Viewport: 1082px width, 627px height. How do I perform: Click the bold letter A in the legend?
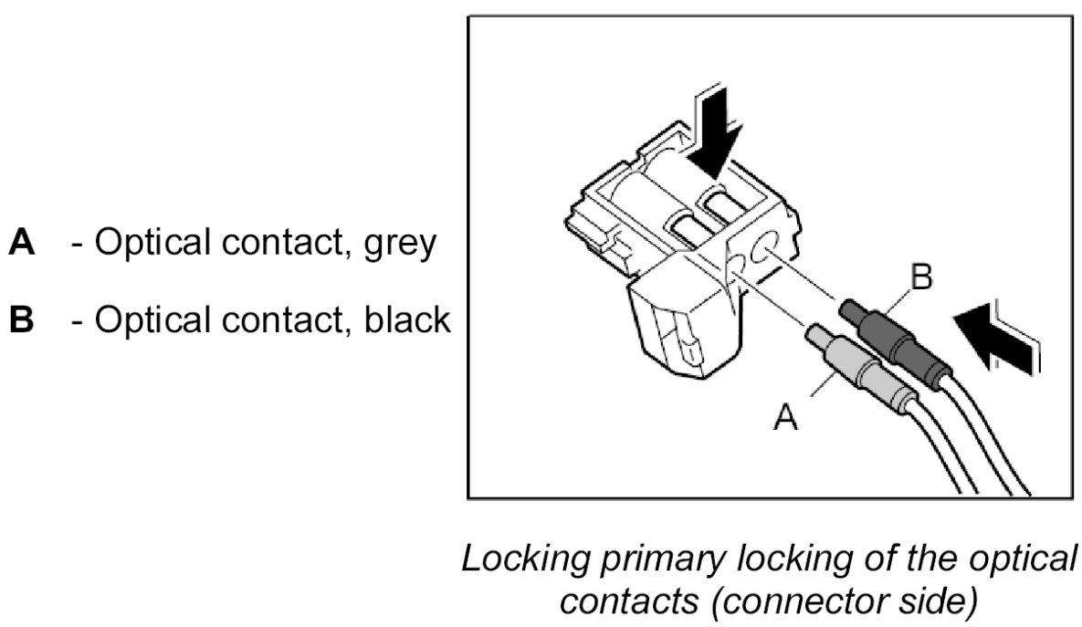tap(22, 245)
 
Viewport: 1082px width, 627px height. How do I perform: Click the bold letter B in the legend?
tap(22, 320)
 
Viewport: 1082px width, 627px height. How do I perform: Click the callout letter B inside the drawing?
tap(923, 278)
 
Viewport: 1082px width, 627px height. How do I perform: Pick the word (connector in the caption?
tap(792, 601)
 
